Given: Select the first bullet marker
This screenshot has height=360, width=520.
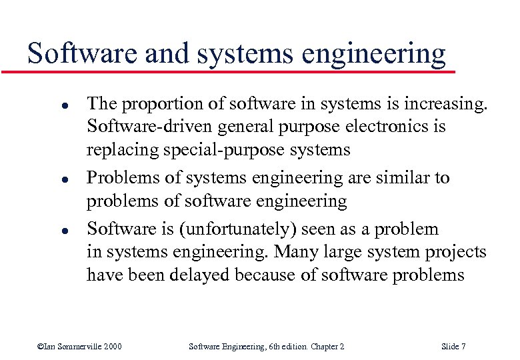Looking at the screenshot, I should point(41,106).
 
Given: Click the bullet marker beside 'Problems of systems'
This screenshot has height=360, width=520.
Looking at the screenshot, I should point(41,180).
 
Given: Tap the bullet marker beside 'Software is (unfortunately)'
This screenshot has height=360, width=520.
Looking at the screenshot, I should point(41,231).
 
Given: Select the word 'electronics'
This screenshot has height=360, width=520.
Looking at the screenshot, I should point(376,127).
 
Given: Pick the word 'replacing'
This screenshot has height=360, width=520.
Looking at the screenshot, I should point(123,151).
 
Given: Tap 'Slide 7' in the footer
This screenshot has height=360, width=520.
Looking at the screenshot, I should point(453,346).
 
